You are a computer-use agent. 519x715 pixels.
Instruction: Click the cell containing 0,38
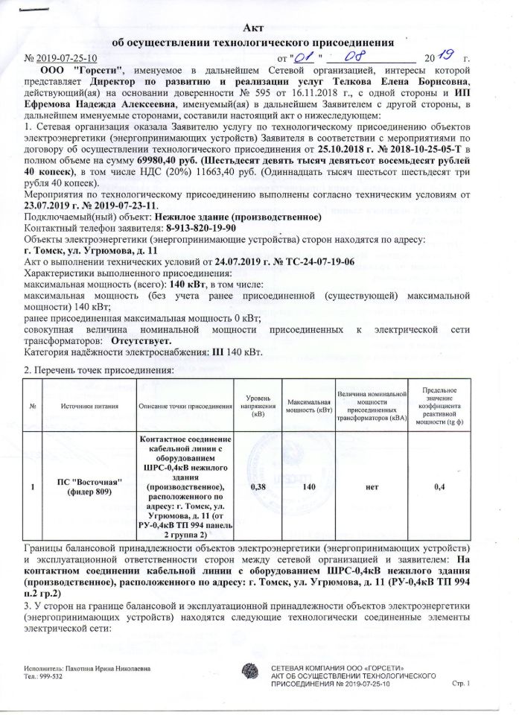(x=259, y=486)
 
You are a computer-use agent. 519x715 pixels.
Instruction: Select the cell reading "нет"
(x=369, y=486)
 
